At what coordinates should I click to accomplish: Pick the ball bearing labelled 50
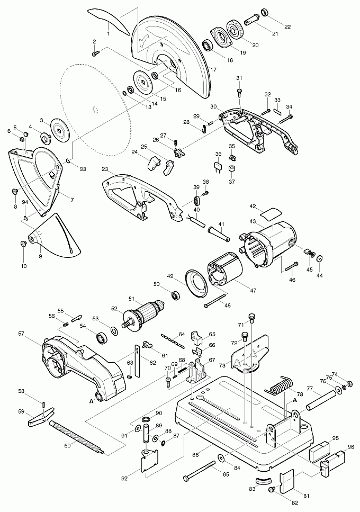(x=176, y=294)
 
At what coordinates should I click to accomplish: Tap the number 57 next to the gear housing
(x=21, y=334)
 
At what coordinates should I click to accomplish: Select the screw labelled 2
(x=96, y=52)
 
